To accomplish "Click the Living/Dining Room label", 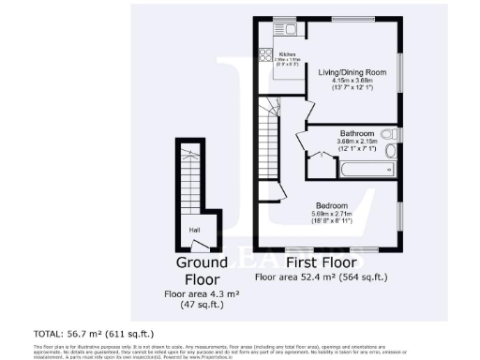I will pyautogui.click(x=352, y=72).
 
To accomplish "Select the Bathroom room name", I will pyautogui.click(x=357, y=134).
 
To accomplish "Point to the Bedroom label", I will pyautogui.click(x=331, y=205).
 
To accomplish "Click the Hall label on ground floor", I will pyautogui.click(x=194, y=229).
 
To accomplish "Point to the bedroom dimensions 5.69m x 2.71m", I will pyautogui.click(x=331, y=215).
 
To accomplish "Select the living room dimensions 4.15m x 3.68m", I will pyautogui.click(x=352, y=82).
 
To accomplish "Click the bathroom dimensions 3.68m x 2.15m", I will pyautogui.click(x=357, y=142).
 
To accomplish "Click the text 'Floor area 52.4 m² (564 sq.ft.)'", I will pyautogui.click(x=322, y=278).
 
